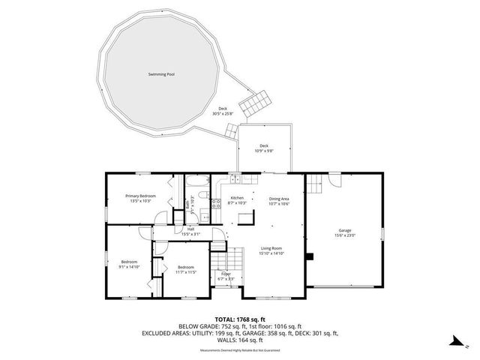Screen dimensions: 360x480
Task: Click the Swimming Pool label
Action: [x=161, y=74]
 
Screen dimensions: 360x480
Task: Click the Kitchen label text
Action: [x=237, y=198]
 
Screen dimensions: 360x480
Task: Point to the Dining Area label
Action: [x=279, y=198]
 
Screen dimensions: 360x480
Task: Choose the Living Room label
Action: [x=271, y=247]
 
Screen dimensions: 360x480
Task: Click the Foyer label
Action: [x=226, y=274]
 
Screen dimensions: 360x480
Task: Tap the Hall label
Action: [x=190, y=229]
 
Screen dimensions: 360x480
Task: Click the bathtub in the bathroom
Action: [x=197, y=181]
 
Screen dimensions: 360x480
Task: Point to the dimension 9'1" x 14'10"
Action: [x=128, y=266]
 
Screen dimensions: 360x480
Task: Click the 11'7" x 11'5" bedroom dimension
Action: [x=186, y=272]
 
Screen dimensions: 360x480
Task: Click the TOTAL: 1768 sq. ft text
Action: [x=239, y=319]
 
